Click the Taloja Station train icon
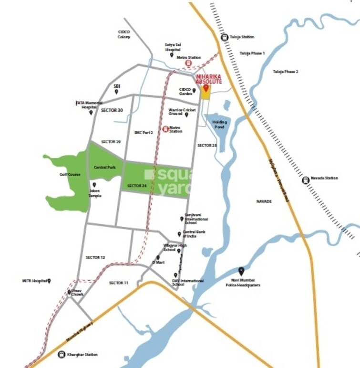coord(225,37)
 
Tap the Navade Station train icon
coord(305,179)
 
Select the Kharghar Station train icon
coord(61,354)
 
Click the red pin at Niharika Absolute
coord(206,88)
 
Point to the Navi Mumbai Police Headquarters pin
coord(241,271)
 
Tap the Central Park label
coord(104,168)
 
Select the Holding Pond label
coord(219,125)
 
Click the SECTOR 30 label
coord(112,110)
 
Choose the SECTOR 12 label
coord(95,257)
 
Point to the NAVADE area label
coord(264,201)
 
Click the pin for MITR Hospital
coord(49,281)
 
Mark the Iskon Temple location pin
coord(94,185)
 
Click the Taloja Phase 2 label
coord(285,72)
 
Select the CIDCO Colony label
coord(124,34)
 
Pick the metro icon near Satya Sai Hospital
coord(188,63)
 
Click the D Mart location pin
coord(158,258)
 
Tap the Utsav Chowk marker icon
coord(69,292)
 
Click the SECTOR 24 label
coord(137,185)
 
